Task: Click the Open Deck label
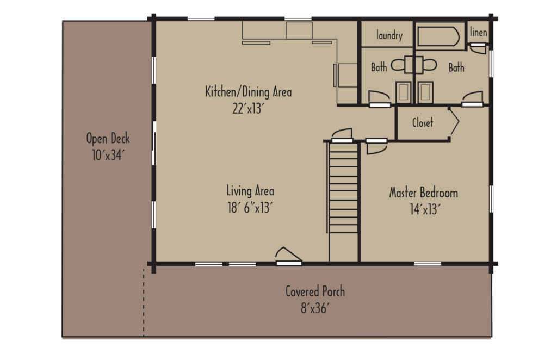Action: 108,138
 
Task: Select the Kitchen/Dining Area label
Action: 248,91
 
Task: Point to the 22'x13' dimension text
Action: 248,108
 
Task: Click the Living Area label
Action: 250,191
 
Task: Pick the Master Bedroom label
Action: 423,193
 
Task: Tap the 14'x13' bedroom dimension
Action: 423,209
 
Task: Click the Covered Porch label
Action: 315,291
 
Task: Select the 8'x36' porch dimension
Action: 315,308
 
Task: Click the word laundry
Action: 389,36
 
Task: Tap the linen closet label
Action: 478,33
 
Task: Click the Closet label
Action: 422,123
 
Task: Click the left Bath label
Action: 379,67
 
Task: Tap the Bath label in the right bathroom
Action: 456,67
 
